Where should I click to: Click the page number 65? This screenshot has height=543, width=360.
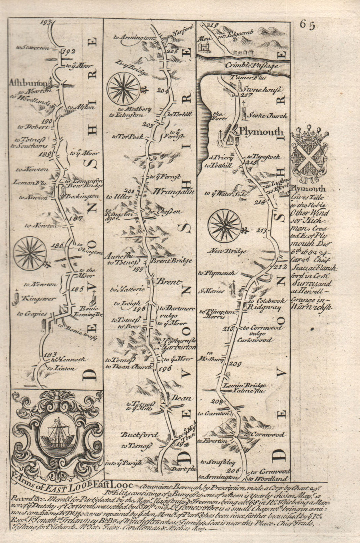tap(307, 25)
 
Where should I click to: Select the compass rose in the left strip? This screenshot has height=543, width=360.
tap(30, 252)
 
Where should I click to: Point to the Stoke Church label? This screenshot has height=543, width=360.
tap(267, 116)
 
